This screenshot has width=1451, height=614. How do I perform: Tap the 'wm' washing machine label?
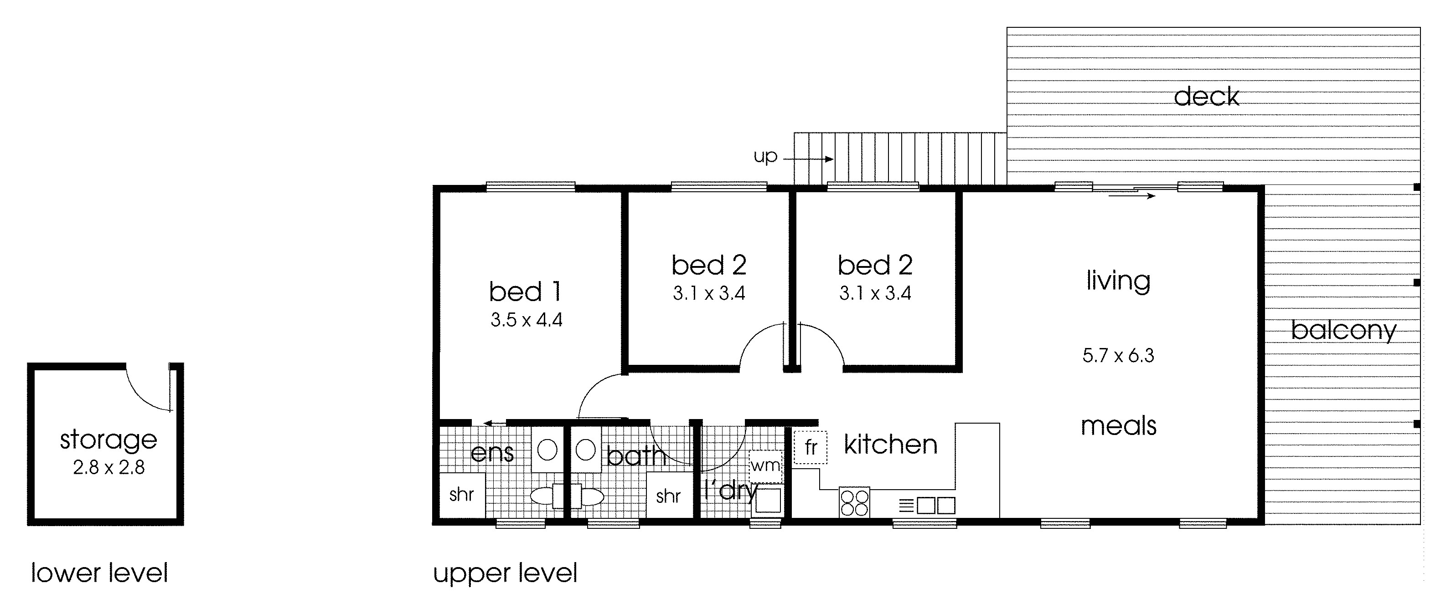coord(765,466)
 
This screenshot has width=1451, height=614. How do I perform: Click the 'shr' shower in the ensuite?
coord(461,495)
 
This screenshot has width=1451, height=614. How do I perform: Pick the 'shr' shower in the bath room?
coord(669,496)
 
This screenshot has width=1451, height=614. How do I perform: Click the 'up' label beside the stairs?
coord(765,156)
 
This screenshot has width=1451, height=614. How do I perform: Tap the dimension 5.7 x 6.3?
coord(1118,356)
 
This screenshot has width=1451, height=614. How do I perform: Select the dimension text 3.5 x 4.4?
coord(526,320)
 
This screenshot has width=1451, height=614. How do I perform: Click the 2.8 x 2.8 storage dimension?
coord(108,468)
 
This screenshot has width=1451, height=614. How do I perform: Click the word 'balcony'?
coord(1343,330)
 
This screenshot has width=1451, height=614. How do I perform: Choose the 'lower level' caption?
coord(99,573)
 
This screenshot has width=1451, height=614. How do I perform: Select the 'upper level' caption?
coord(505,573)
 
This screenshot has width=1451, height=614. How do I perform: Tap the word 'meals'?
coord(1118,426)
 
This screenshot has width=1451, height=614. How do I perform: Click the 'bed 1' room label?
coord(525,292)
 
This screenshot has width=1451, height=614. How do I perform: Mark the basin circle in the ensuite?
coord(547,450)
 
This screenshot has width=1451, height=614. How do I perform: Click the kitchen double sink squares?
coord(935,506)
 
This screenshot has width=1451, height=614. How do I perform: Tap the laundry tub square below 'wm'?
coord(768,500)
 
